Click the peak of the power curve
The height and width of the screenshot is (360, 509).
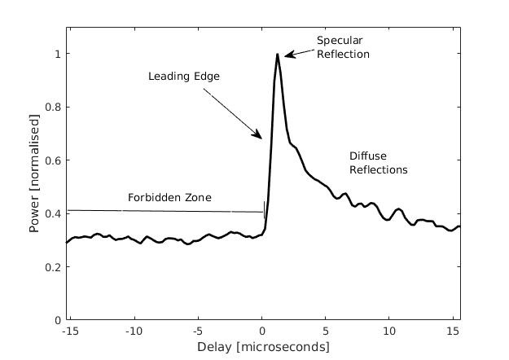tap(278, 55)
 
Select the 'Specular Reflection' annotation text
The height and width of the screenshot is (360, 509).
tap(343, 47)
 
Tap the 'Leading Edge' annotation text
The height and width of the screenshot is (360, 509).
tap(184, 77)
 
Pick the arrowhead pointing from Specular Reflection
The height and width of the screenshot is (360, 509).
tap(287, 55)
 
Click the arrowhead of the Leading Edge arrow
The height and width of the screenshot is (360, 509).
tap(260, 137)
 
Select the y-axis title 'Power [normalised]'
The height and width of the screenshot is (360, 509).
tap(34, 173)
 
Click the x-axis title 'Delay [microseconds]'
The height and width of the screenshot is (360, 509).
tap(263, 348)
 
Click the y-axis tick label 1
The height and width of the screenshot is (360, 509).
tap(56, 55)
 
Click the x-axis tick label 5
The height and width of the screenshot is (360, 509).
tap(326, 331)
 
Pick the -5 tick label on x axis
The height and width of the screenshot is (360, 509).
tap(195, 331)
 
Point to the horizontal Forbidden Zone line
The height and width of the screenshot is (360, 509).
tap(163, 211)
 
